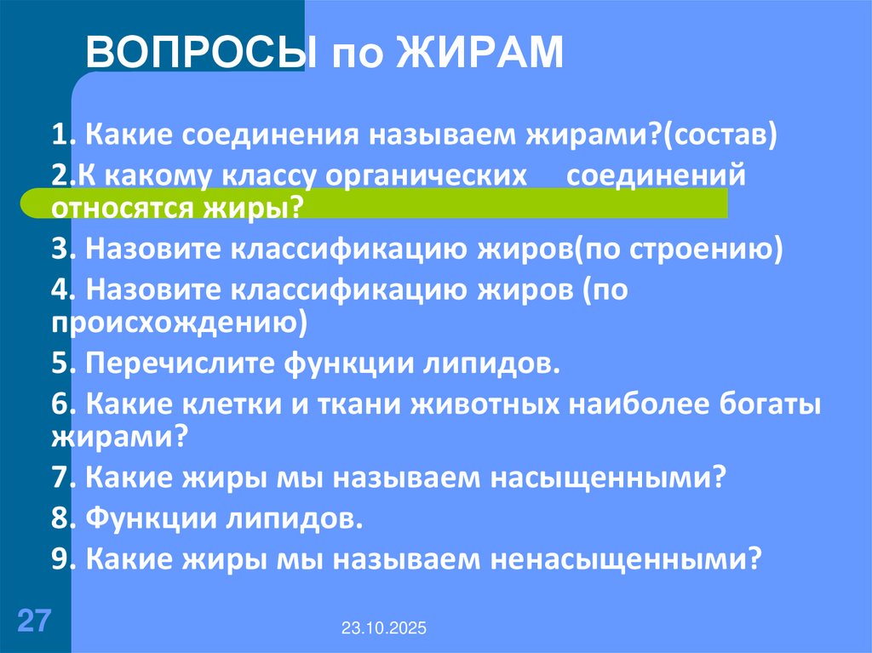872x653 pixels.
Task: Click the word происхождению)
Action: (x=179, y=321)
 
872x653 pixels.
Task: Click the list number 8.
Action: (x=60, y=518)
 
